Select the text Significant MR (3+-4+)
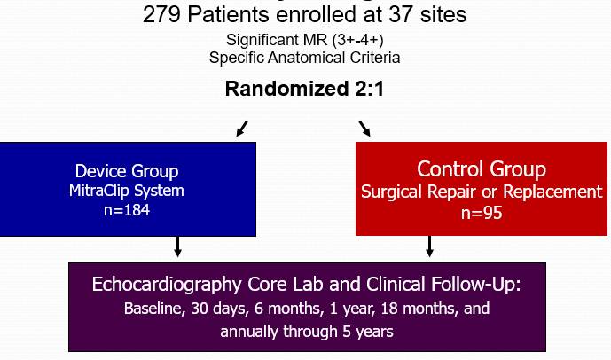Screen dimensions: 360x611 click(x=305, y=41)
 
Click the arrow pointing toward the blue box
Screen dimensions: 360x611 click(x=241, y=129)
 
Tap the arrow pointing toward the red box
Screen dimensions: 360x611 click(x=364, y=129)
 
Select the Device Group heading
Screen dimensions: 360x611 click(x=128, y=170)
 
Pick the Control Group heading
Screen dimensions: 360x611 click(x=482, y=168)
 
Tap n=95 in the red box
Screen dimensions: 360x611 click(x=482, y=212)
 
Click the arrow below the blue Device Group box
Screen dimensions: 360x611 click(x=177, y=247)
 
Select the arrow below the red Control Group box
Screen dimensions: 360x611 click(x=430, y=247)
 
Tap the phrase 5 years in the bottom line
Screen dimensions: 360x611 click(x=372, y=332)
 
